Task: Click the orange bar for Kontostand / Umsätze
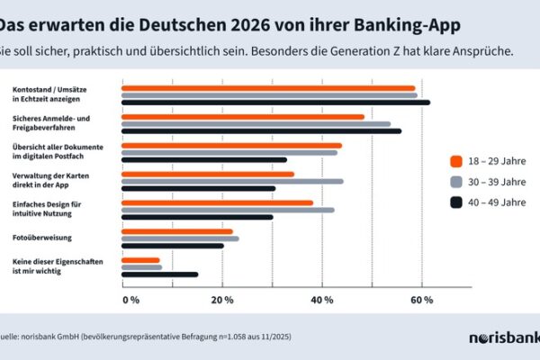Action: coord(267,88)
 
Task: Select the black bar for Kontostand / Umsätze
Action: coord(274,102)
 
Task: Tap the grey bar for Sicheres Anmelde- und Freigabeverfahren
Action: coord(256,123)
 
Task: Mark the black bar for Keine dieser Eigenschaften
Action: coord(158,274)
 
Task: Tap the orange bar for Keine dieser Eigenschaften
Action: coord(139,260)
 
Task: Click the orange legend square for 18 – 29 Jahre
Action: coord(455,161)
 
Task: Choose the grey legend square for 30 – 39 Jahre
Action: coord(455,182)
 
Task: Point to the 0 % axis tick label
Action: coord(130,299)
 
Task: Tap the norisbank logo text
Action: coord(504,338)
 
